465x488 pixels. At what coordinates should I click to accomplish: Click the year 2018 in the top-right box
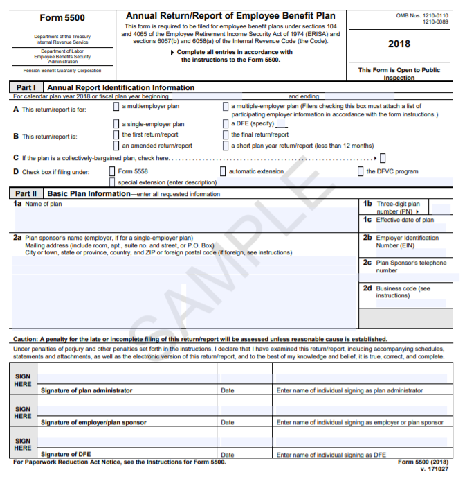pyautogui.click(x=399, y=44)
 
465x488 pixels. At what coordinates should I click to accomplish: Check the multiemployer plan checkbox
pyautogui.click(x=116, y=107)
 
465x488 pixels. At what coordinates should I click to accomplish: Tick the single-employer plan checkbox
pyautogui.click(x=116, y=124)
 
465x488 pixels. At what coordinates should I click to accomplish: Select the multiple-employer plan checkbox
pyautogui.click(x=225, y=107)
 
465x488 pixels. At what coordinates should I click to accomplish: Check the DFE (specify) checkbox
pyautogui.click(x=225, y=124)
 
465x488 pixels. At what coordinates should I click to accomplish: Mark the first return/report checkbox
pyautogui.click(x=116, y=135)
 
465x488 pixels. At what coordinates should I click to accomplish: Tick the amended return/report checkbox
pyautogui.click(x=116, y=146)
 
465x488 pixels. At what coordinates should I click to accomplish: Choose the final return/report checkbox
pyautogui.click(x=225, y=135)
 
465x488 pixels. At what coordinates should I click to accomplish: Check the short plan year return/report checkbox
pyautogui.click(x=225, y=146)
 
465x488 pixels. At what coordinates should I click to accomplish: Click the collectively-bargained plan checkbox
pyautogui.click(x=383, y=158)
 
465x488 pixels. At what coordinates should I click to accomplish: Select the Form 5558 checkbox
pyautogui.click(x=112, y=171)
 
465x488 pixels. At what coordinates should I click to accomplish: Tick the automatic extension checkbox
pyautogui.click(x=223, y=171)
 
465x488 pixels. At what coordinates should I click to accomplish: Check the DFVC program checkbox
pyautogui.click(x=361, y=171)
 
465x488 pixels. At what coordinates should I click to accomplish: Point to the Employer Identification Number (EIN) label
pyautogui.click(x=407, y=241)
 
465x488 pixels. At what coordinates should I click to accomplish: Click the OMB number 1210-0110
pyautogui.click(x=421, y=15)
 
